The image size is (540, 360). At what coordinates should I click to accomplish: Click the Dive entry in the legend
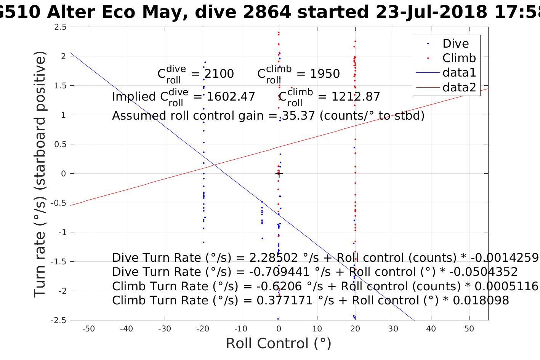455,43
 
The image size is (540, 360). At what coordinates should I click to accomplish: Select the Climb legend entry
459,58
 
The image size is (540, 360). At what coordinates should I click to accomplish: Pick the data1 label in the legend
459,72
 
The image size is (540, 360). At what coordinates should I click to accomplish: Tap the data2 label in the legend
459,87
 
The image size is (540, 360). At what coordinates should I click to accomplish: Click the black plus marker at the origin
279,174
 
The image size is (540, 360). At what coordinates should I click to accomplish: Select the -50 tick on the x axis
88,329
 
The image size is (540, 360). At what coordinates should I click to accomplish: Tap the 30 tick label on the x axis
393,329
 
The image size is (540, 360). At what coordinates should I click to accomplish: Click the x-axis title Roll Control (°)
279,343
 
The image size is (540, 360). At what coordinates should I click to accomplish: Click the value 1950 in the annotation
325,74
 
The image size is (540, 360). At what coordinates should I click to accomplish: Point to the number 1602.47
231,96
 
